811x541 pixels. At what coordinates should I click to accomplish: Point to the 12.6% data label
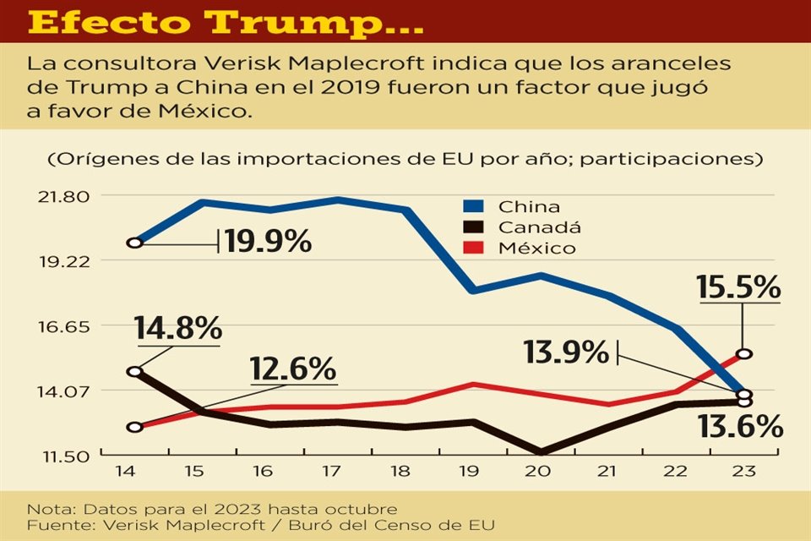292,369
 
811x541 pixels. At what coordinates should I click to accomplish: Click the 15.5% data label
738,287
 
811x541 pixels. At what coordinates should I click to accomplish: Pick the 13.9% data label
565,352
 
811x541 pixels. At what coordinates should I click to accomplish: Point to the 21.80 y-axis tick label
65,196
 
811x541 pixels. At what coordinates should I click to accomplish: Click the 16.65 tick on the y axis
65,326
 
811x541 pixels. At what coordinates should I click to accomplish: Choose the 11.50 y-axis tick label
65,456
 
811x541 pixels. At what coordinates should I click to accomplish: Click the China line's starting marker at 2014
135,243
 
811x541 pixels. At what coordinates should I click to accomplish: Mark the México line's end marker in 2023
743,353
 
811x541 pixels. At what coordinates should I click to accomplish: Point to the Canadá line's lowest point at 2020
541,452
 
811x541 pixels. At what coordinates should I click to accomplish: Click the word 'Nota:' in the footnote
48,509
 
